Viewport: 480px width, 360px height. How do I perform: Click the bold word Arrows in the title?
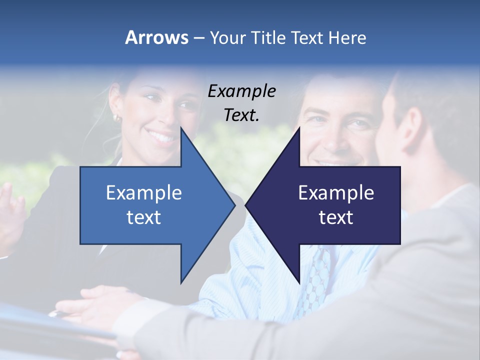156,37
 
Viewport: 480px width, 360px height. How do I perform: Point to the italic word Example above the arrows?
241,91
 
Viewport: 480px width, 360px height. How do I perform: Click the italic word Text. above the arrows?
241,115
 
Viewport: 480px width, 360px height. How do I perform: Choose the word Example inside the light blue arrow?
144,193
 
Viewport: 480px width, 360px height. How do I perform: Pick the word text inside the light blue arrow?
144,217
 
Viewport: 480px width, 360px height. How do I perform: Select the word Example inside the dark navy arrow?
336,193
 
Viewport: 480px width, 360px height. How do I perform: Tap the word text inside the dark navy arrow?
336,217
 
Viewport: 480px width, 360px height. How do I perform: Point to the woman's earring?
117,118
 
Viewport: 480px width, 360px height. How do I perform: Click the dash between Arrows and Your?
198,37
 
